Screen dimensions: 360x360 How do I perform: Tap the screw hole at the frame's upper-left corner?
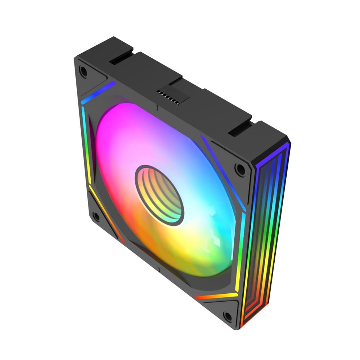coord(83,71)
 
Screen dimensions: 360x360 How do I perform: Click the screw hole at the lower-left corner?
coord(96,216)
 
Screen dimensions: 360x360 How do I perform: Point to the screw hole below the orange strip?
coord(228,316)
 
